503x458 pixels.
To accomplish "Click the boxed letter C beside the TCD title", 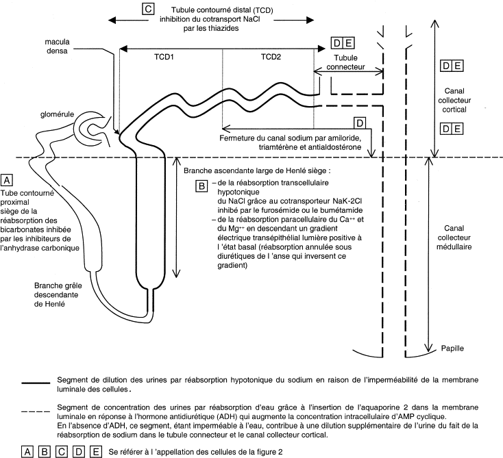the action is point(148,9).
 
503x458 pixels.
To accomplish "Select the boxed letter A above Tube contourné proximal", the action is point(7,180).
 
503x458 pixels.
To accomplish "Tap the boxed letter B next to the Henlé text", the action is point(201,186).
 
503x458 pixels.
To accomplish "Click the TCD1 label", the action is point(164,57).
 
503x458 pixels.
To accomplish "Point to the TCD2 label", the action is point(271,57).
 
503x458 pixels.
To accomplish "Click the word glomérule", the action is point(57,114).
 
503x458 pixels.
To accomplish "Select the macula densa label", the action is point(57,46).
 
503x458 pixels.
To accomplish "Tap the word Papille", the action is point(452,348).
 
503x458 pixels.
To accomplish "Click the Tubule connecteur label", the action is point(345,62).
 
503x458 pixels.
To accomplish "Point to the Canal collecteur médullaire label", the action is point(454,238).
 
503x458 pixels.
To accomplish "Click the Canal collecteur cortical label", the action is point(454,100).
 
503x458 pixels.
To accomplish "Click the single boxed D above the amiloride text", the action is point(360,123).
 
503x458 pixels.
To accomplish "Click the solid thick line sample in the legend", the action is point(36,383).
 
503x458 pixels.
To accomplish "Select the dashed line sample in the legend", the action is point(36,411).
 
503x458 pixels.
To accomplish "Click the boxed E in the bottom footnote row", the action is point(95,452).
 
